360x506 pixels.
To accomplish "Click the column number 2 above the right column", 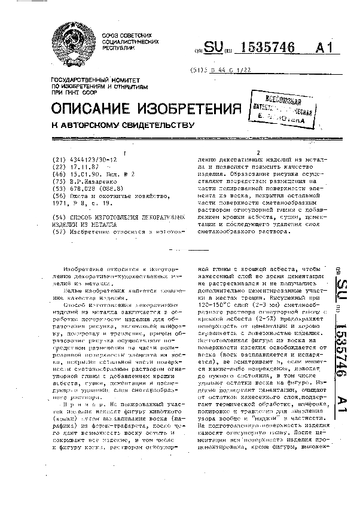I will point(259,151).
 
